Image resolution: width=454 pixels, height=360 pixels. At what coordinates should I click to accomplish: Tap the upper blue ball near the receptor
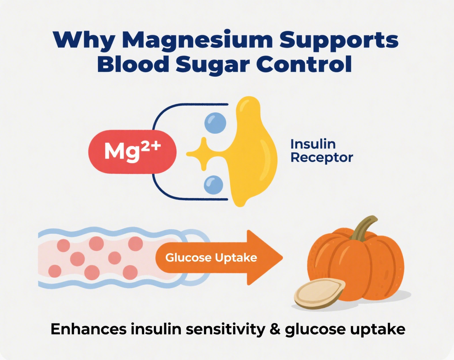(215, 123)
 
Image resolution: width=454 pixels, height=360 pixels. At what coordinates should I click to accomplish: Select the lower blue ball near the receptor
(214, 184)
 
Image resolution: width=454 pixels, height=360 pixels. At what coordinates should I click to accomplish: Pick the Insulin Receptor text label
(322, 151)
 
